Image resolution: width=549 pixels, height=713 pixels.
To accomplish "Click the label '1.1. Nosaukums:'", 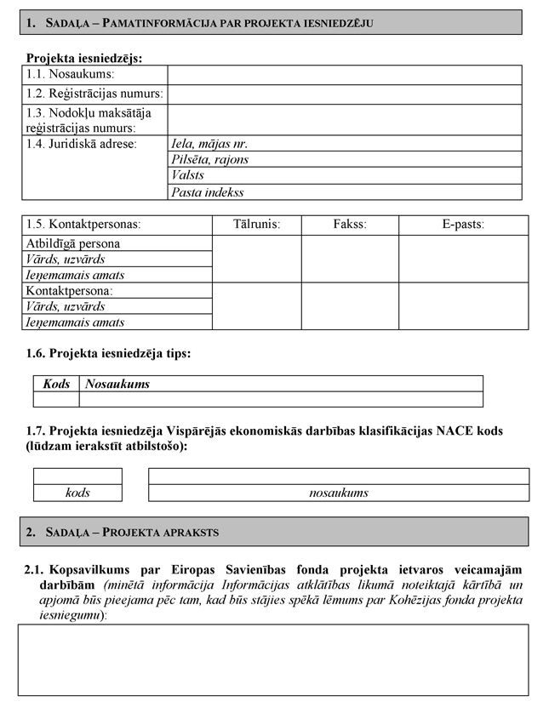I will pos(70,76).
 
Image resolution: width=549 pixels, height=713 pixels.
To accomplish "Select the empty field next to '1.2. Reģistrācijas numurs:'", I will pos(344,94).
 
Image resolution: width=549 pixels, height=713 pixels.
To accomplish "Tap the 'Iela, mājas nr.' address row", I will pos(209,144).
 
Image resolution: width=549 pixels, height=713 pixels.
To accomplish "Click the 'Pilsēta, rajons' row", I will pos(210,160).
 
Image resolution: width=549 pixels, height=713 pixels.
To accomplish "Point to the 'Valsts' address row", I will pos(188,175).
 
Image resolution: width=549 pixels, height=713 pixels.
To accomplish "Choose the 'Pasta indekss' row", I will pos(208,192).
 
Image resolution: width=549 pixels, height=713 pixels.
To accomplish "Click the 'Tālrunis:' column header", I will pos(256,225).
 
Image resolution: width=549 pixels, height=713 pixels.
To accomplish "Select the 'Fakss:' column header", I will pos(350,225).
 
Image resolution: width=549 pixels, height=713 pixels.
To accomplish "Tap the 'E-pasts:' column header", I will pos(462,225).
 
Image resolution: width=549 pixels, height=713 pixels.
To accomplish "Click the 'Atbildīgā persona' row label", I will pos(73,243).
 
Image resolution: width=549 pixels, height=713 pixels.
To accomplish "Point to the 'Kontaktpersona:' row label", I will pos(70,291).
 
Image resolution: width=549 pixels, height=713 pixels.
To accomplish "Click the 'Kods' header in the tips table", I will pos(56,384).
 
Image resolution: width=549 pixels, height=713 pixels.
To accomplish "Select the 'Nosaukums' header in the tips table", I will pos(117,384).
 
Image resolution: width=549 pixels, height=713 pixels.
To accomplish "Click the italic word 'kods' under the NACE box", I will pos(77,493).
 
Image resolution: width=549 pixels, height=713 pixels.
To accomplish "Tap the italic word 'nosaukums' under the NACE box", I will pos(338,493).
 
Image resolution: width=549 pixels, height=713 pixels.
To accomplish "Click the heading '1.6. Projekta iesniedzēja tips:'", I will pos(109,352).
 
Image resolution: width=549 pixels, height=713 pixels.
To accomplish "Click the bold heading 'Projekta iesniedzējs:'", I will pos(84,59).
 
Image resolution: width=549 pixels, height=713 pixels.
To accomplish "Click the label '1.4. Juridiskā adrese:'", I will pos(82,144).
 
